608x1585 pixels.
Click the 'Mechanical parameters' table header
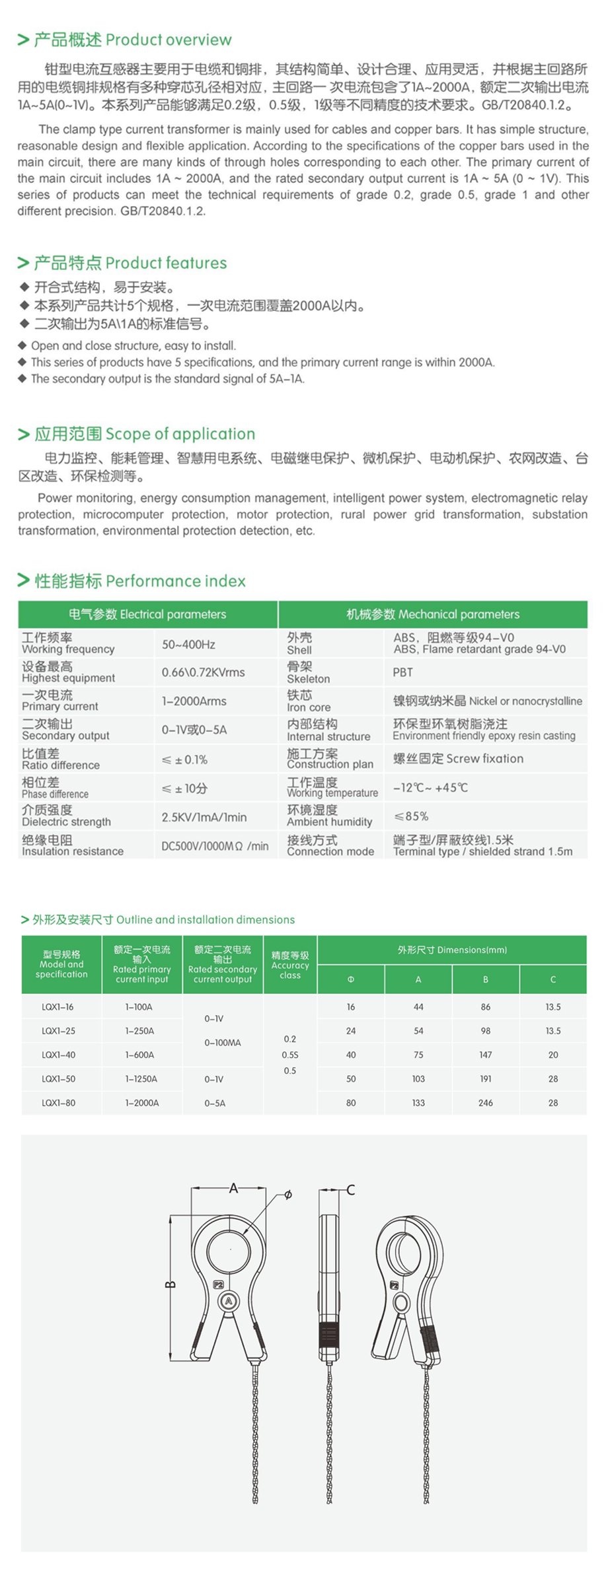pyautogui.click(x=433, y=614)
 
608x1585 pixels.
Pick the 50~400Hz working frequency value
pyautogui.click(x=188, y=644)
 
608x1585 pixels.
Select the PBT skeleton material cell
pyautogui.click(x=402, y=672)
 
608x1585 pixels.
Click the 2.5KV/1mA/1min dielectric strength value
pyautogui.click(x=204, y=817)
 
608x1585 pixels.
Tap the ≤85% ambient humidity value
pyautogui.click(x=410, y=816)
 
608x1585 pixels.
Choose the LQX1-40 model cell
pyautogui.click(x=58, y=1055)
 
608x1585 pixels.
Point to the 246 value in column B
pyautogui.click(x=486, y=1103)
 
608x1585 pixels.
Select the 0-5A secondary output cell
pyautogui.click(x=215, y=1103)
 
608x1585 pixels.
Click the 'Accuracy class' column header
pyautogui.click(x=290, y=965)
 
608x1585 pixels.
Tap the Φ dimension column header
pyautogui.click(x=351, y=979)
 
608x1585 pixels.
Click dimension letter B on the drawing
pyautogui.click(x=169, y=1285)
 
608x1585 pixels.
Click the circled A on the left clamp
pyautogui.click(x=229, y=1301)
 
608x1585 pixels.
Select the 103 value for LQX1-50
pyautogui.click(x=418, y=1078)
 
